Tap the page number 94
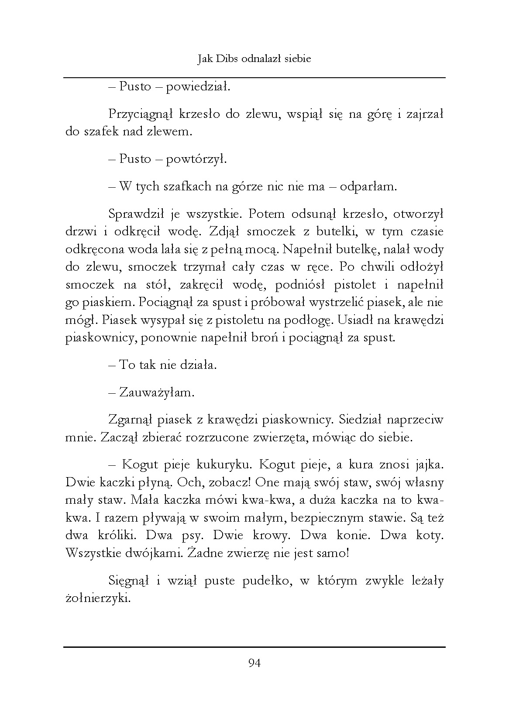tap(254, 664)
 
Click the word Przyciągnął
tap(137, 114)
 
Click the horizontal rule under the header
tap(254, 78)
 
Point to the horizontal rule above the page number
tap(254, 647)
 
